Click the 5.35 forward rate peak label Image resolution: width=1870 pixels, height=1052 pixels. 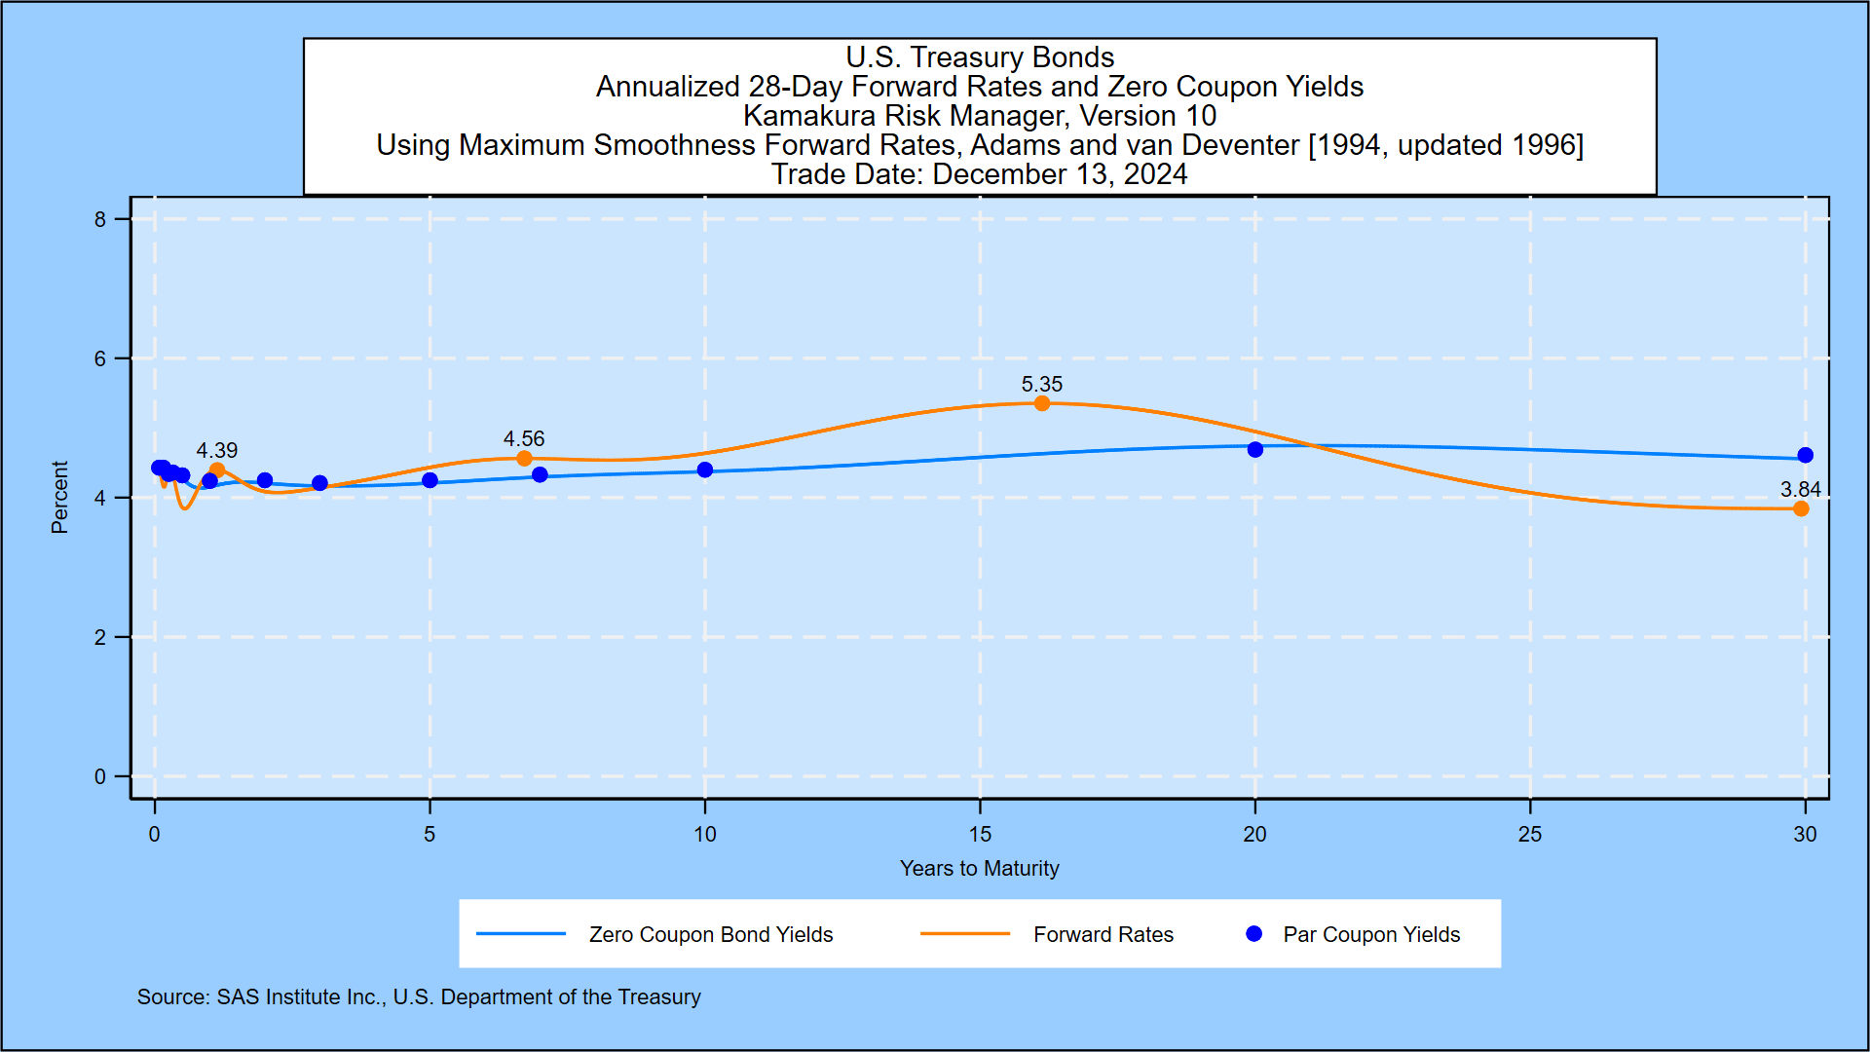point(1041,385)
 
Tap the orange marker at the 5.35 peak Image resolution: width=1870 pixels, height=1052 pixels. point(1042,403)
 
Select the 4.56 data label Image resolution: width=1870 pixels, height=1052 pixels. point(524,439)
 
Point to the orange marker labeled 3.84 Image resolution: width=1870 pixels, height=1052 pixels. point(1801,508)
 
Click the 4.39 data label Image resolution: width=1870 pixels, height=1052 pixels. point(216,451)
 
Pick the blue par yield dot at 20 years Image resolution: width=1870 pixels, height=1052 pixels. point(1255,449)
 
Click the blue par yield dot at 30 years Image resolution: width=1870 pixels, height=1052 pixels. point(1805,455)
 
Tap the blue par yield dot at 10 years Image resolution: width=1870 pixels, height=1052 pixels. point(705,470)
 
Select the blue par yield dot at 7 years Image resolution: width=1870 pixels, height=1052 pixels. point(540,474)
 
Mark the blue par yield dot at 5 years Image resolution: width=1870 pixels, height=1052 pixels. point(430,480)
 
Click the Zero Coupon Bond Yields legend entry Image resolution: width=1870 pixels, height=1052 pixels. point(710,935)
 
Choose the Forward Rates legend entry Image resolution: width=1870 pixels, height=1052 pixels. point(1103,935)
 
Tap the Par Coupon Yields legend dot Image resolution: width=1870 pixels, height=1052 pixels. point(1254,934)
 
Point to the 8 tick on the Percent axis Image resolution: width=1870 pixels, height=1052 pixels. point(100,220)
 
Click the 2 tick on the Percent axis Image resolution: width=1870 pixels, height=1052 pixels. point(100,638)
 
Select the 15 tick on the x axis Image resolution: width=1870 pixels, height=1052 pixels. point(980,835)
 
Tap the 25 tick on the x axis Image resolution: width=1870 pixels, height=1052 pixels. point(1530,835)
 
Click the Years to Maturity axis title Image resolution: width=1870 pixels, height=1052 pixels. point(979,869)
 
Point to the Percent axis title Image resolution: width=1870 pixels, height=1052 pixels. point(59,498)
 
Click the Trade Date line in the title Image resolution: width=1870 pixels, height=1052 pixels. point(979,174)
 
